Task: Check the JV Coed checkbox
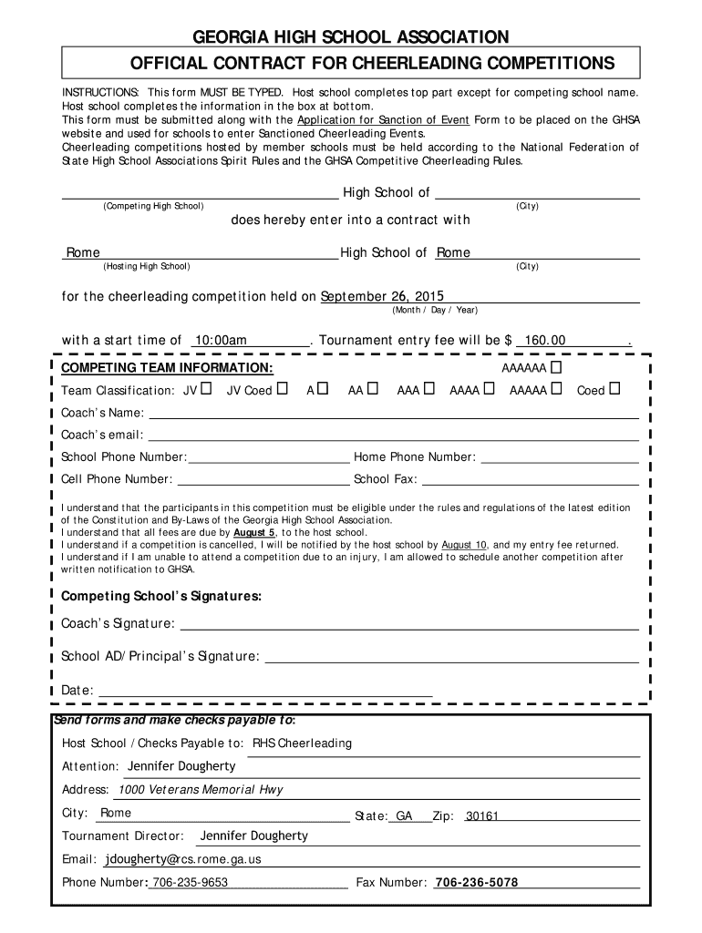click(x=283, y=390)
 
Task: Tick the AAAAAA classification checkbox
click(x=556, y=367)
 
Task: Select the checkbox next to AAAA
click(x=490, y=390)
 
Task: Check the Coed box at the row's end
click(x=614, y=390)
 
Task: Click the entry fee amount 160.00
click(x=545, y=341)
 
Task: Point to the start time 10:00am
click(x=221, y=341)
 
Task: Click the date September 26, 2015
click(x=382, y=296)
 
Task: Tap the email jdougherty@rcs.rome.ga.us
click(x=183, y=858)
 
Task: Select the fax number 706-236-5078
click(x=477, y=882)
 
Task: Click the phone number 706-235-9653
click(x=190, y=882)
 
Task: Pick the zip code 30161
click(x=482, y=816)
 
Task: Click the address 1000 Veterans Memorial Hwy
click(x=201, y=789)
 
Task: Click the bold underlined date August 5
click(x=254, y=532)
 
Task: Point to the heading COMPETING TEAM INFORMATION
click(x=167, y=367)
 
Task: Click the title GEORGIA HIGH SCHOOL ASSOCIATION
click(x=350, y=37)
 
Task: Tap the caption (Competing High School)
click(x=153, y=206)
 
